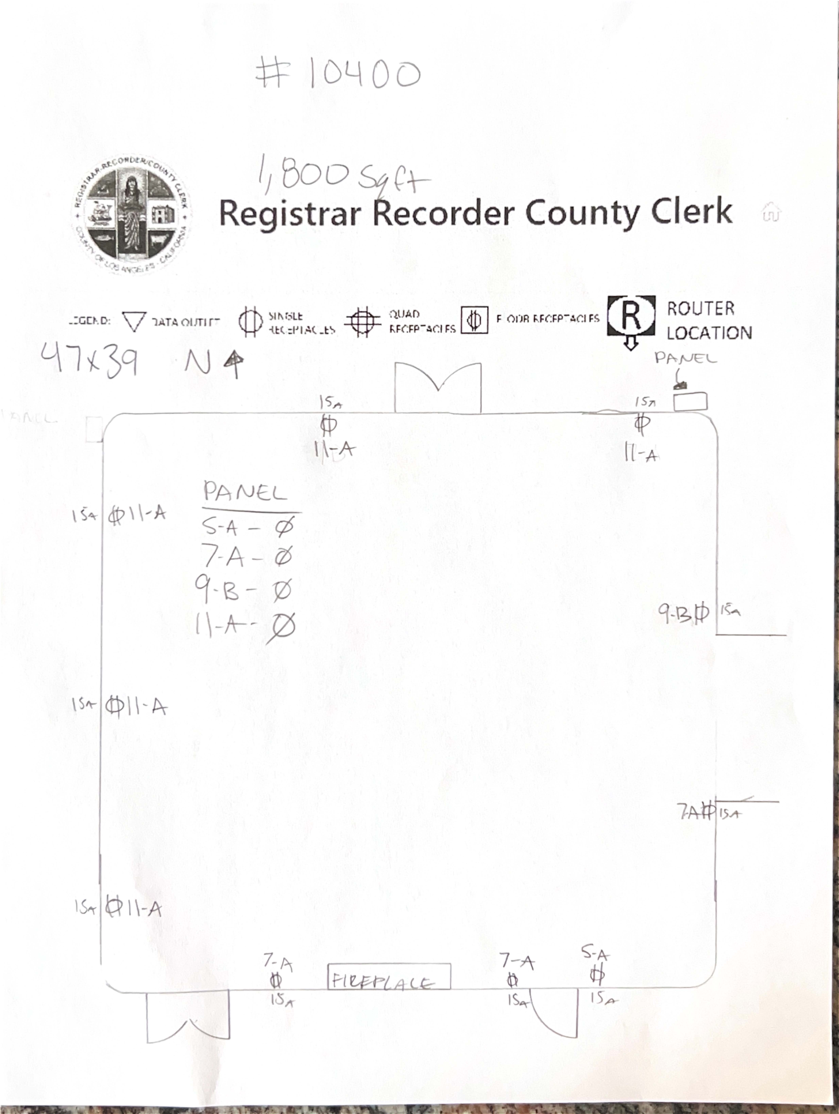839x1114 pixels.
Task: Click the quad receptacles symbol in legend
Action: (362, 321)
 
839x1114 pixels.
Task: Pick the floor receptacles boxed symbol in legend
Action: (474, 320)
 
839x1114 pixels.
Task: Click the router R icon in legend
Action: (631, 316)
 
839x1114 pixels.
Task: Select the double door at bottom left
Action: (188, 1015)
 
